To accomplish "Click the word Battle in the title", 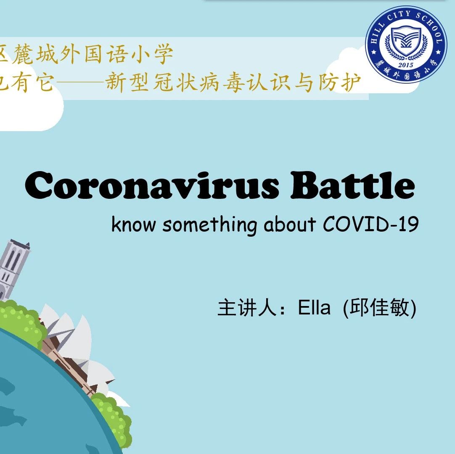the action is point(353,185).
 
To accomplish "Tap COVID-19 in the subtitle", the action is point(370,224).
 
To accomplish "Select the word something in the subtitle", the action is point(209,225).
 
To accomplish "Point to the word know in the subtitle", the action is point(133,224).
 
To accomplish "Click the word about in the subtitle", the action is point(290,224).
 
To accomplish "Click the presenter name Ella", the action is point(314,308).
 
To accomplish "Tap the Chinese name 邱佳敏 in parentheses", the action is point(379,308).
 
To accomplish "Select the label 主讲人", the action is point(247,308).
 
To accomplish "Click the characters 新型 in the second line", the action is point(127,82).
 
